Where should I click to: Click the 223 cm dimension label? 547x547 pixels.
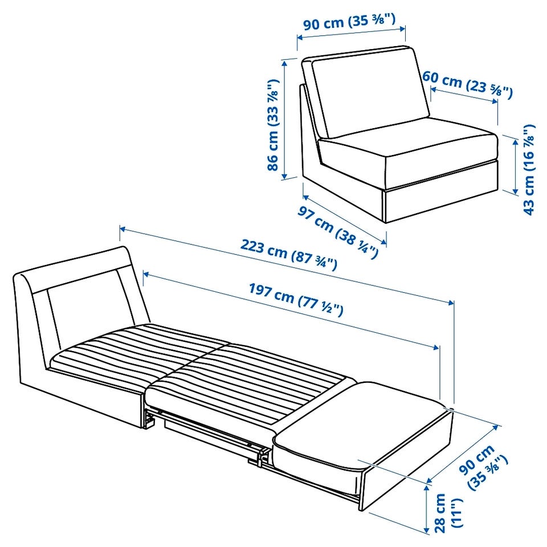[288, 254]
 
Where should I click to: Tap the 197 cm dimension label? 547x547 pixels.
[296, 299]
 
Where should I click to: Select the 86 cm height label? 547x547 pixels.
[273, 125]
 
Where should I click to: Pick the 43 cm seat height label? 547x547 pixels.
[529, 170]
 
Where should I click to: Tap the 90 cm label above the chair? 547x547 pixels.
[349, 22]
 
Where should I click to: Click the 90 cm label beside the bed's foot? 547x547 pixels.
[483, 467]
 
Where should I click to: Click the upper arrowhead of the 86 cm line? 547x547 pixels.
[285, 63]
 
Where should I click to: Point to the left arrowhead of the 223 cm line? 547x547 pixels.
[123, 229]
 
